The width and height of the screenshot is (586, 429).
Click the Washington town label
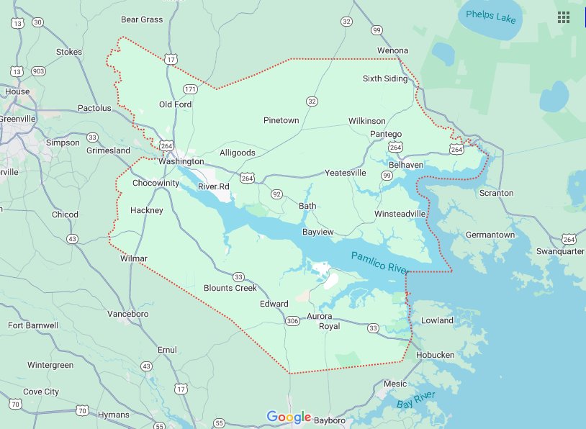(181, 161)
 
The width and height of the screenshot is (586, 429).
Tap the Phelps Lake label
(491, 16)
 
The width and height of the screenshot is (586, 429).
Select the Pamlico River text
(379, 263)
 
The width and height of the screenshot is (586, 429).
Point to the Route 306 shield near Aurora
(292, 320)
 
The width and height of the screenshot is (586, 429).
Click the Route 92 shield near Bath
(276, 194)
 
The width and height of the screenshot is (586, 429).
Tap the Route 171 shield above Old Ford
(190, 89)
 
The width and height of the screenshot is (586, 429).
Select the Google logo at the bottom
(289, 417)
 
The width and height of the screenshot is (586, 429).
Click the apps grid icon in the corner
(563, 17)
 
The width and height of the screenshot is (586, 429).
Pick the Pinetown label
(281, 120)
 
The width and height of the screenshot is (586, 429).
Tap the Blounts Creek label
(230, 288)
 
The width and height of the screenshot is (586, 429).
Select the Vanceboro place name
(127, 315)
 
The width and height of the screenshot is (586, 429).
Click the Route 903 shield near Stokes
(38, 71)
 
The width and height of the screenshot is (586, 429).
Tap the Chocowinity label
(155, 183)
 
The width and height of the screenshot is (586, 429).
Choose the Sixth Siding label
(384, 78)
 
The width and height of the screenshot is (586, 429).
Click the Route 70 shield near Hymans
(83, 411)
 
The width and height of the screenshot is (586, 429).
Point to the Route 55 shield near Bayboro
(220, 423)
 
